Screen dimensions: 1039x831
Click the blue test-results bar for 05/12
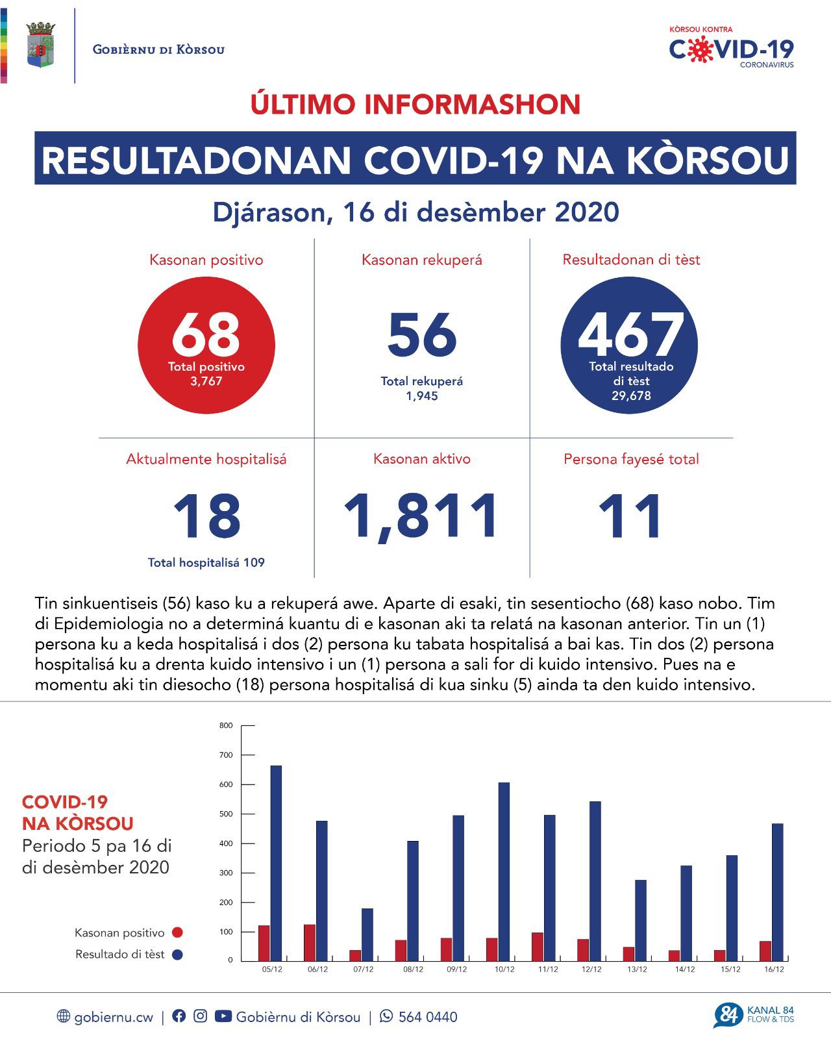pyautogui.click(x=276, y=863)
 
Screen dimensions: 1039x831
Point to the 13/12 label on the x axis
pyautogui.click(x=637, y=970)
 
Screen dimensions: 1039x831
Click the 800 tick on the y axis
pyautogui.click(x=226, y=725)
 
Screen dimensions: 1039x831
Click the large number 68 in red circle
pyautogui.click(x=206, y=335)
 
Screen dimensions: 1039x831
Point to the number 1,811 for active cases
pyautogui.click(x=422, y=516)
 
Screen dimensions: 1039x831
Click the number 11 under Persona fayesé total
pyautogui.click(x=630, y=516)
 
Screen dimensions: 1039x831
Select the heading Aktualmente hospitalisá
pyautogui.click(x=206, y=459)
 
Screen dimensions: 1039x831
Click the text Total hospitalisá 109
pyautogui.click(x=206, y=563)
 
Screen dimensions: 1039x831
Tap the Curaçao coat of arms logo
pyautogui.click(x=40, y=45)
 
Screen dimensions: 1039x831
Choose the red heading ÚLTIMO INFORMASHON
pyautogui.click(x=415, y=105)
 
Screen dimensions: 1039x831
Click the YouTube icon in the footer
pyautogui.click(x=223, y=1016)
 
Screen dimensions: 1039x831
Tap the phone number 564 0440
pyautogui.click(x=427, y=1017)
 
